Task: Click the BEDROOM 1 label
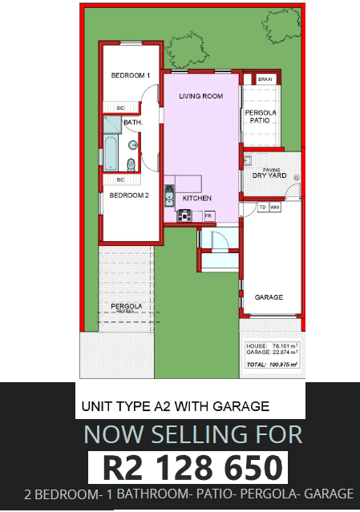tap(130, 75)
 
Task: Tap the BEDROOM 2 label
tap(129, 195)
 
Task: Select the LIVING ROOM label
tap(200, 96)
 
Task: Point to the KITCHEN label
tap(196, 198)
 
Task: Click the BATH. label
tap(132, 123)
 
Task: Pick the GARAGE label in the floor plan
tap(269, 297)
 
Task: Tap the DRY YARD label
tap(269, 175)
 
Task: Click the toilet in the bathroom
tap(131, 165)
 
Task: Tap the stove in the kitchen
tap(184, 215)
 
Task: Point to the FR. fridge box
tap(208, 216)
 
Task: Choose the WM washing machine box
tap(274, 207)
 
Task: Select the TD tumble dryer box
tap(262, 207)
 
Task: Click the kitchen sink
tap(169, 195)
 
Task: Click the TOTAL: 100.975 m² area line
tap(273, 365)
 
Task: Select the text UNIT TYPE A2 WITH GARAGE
tap(175, 406)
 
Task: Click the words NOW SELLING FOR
tap(193, 435)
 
